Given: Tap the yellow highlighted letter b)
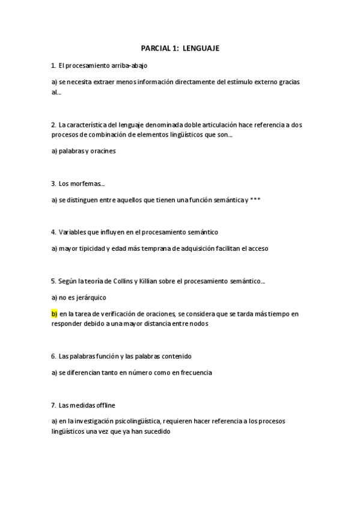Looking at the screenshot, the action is click(54, 314).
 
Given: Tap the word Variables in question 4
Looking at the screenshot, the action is click(73, 232).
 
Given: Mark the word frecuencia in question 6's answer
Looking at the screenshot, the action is click(192, 372).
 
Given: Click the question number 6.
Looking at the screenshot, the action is click(53, 356).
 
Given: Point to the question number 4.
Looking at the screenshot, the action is click(53, 232).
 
